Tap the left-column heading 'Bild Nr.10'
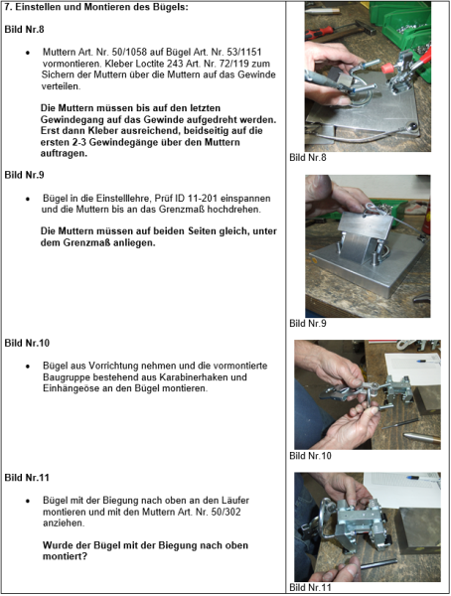[27, 343]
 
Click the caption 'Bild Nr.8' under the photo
[307, 157]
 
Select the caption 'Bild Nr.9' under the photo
[307, 323]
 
